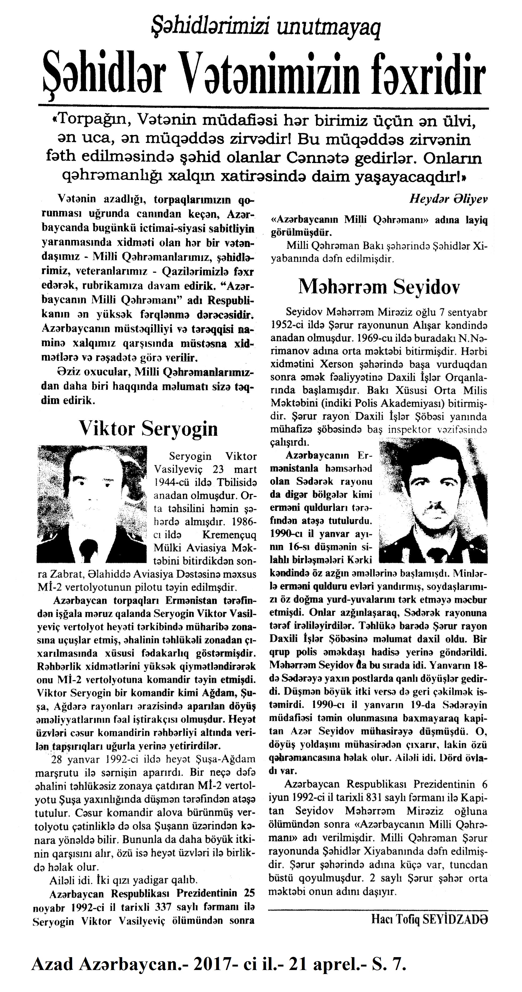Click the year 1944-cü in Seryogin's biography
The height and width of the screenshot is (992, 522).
(x=173, y=482)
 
